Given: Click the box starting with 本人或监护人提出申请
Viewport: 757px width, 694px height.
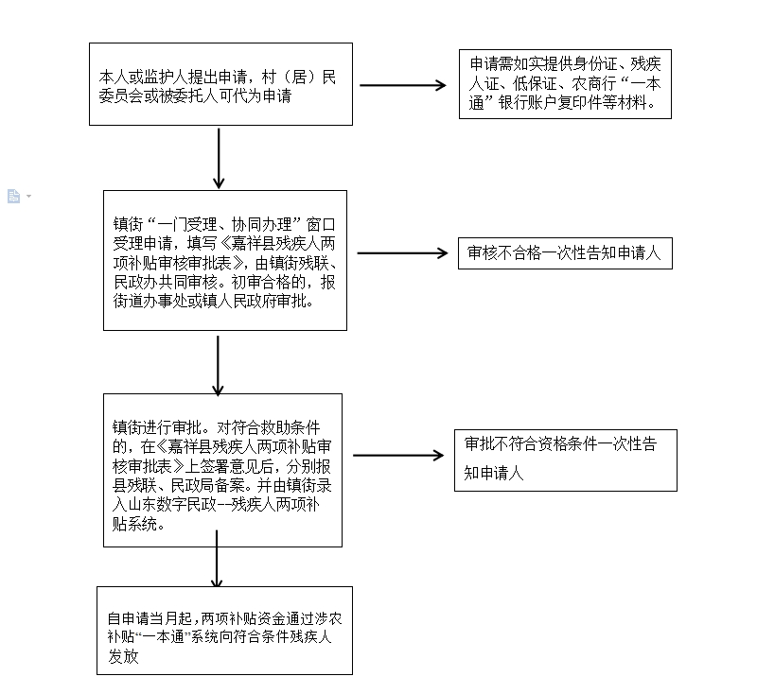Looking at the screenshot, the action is (x=220, y=84).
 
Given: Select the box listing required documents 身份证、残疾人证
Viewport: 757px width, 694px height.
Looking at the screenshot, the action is (x=565, y=84).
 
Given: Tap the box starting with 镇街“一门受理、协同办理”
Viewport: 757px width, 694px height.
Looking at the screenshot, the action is (x=225, y=260).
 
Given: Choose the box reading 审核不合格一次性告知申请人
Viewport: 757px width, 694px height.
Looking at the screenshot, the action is (x=565, y=253).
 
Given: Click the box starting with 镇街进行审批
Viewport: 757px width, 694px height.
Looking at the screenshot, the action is (x=222, y=470).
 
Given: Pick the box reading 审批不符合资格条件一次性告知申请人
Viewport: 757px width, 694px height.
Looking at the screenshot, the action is (x=565, y=460).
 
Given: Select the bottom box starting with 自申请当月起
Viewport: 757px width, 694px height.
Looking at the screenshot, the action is (x=224, y=631).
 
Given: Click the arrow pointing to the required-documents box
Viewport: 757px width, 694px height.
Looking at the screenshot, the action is (x=403, y=85).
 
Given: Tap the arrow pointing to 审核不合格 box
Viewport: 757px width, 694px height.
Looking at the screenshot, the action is (x=403, y=253).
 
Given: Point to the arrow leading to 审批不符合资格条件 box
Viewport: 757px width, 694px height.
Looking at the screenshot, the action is (x=398, y=456).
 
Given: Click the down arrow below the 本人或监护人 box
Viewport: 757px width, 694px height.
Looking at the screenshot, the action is (x=219, y=158).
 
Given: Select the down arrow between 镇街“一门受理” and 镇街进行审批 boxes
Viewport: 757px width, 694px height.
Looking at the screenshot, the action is (x=218, y=366).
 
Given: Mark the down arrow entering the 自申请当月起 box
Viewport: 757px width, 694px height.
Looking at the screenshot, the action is (x=217, y=559).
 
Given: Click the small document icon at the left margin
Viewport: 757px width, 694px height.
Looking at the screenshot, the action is (x=13, y=196).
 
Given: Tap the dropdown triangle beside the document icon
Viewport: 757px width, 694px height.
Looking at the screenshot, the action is (x=29, y=196).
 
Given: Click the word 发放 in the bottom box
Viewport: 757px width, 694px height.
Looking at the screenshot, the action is (x=123, y=656).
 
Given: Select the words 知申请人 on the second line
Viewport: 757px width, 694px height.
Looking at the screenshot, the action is (x=494, y=473).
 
